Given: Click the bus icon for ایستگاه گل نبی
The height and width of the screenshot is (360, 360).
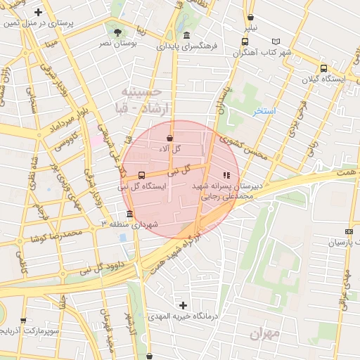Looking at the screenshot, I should [x=142, y=174].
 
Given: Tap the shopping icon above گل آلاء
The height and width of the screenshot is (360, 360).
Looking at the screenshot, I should [x=170, y=139].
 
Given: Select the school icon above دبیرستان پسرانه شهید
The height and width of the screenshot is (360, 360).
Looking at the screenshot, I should [x=226, y=175].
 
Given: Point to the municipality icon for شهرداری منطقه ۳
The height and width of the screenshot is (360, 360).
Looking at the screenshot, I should [x=129, y=214].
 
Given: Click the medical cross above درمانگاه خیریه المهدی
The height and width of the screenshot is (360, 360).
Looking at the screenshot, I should [x=184, y=305].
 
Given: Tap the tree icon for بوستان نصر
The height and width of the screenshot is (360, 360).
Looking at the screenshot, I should [x=117, y=32].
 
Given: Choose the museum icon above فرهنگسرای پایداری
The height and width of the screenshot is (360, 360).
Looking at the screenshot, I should [x=186, y=36].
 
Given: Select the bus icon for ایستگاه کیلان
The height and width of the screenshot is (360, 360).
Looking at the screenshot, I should [x=323, y=68].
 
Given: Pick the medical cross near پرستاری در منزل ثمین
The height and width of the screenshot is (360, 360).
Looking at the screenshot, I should [x=38, y=13].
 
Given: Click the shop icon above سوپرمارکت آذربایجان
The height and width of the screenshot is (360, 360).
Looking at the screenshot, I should [x=23, y=320].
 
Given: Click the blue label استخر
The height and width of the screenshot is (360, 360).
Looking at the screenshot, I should [x=265, y=111].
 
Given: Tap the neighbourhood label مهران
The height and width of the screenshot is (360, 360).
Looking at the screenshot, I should [x=264, y=333].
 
